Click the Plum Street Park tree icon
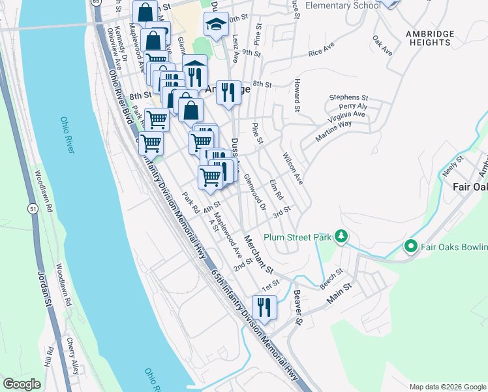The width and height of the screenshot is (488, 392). (x=340, y=236)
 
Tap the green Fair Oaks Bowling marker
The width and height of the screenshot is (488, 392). (x=410, y=246)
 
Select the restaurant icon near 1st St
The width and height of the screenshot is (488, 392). (x=264, y=306)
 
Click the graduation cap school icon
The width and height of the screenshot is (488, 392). (x=216, y=25)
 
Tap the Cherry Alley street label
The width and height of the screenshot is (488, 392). (x=71, y=356)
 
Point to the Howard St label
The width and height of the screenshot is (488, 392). (x=296, y=95)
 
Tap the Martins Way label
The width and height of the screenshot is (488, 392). (x=333, y=128)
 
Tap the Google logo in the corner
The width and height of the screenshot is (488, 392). (x=22, y=384)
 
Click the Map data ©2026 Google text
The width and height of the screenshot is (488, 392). (x=448, y=386)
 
